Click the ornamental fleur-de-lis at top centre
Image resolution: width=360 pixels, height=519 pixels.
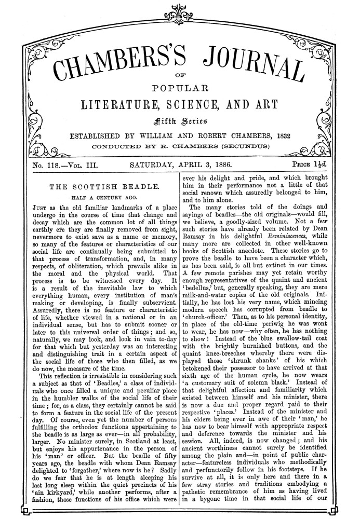click(179, 9)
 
